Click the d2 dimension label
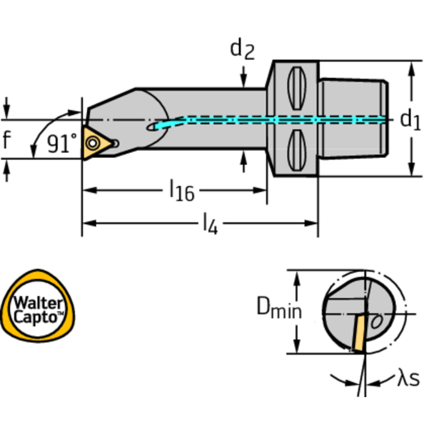pyautogui.click(x=242, y=49)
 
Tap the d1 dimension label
pyautogui.click(x=410, y=119)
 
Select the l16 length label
pyautogui.click(x=182, y=191)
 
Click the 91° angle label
pyautogui.click(x=62, y=144)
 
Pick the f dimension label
pyautogui.click(x=6, y=139)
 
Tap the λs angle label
pyautogui.click(x=408, y=379)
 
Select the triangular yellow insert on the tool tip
pyautogui.click(x=94, y=142)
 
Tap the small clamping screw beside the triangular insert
pyautogui.click(x=115, y=143)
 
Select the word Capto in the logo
pyautogui.click(x=37, y=316)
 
